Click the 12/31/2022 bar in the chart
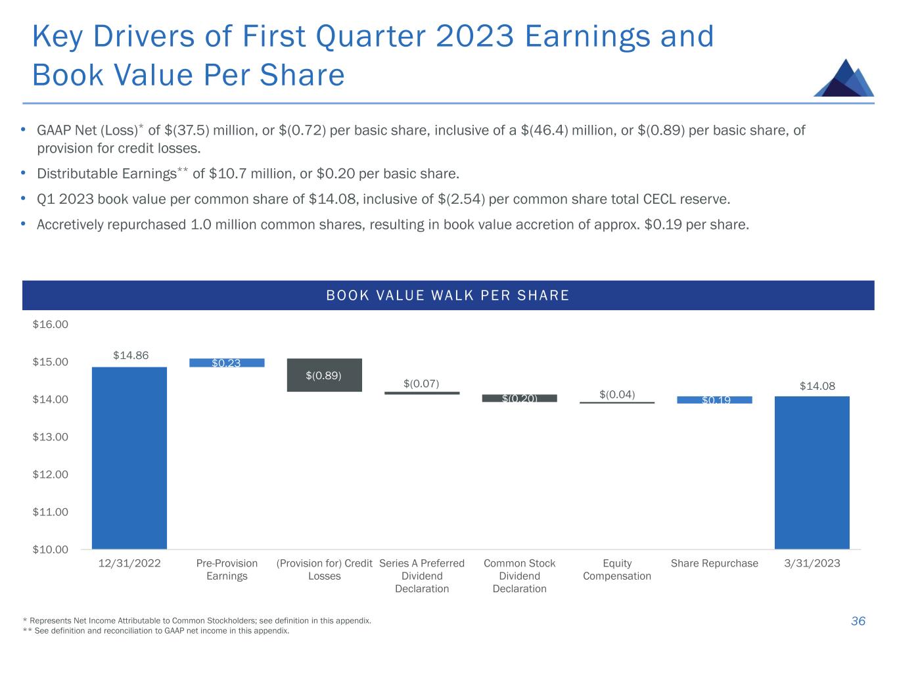tap(129, 457)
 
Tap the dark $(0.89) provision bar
tap(325, 375)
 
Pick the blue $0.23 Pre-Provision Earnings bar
tap(227, 363)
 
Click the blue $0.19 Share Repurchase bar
tap(714, 400)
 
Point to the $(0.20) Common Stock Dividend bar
tap(519, 398)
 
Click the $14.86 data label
tap(131, 356)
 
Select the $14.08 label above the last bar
tap(817, 386)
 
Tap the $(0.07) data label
tap(421, 383)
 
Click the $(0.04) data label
tap(617, 394)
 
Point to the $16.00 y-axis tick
tap(51, 324)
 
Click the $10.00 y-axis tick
tap(51, 549)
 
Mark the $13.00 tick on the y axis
tap(51, 437)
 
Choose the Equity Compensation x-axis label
tap(617, 570)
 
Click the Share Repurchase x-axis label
tap(714, 563)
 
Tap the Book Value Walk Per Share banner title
tap(448, 296)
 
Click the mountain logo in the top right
tap(844, 78)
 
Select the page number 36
tap(858, 621)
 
